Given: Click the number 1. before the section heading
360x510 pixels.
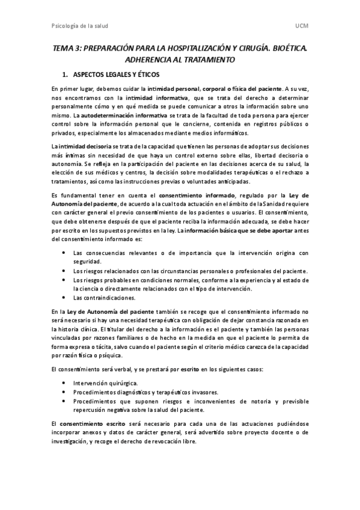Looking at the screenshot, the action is pos(66,76).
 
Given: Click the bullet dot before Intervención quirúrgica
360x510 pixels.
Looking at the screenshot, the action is pos(64,383).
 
